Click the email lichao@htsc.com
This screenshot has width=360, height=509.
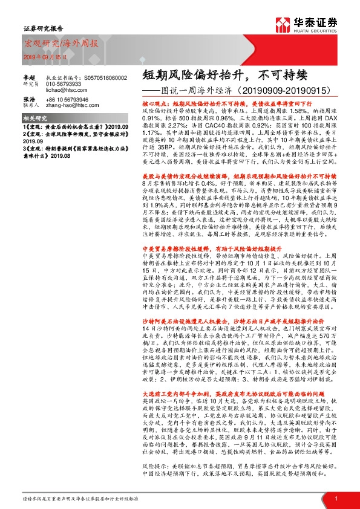(81, 89)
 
